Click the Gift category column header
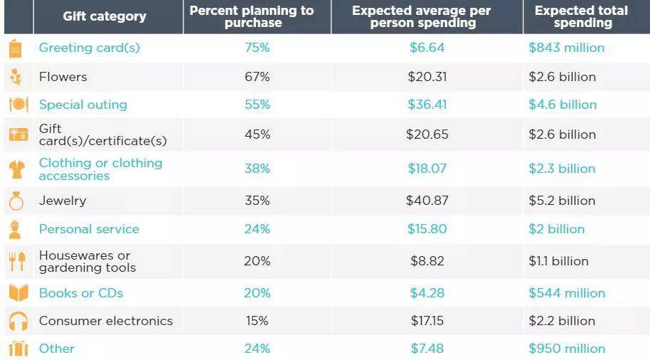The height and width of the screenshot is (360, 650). tap(105, 16)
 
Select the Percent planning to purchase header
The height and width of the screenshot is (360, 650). tap(252, 16)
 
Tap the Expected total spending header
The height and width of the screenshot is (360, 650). tap(581, 16)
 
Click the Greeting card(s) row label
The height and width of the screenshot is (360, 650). tap(90, 48)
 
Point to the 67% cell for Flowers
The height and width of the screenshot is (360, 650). tap(257, 77)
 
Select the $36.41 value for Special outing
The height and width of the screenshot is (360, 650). tap(427, 105)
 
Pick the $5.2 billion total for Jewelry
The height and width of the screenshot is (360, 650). tap(562, 201)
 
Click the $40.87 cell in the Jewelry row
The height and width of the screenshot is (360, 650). tap(427, 201)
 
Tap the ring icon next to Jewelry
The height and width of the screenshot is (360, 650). tap(17, 201)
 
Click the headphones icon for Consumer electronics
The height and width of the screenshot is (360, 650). tap(18, 322)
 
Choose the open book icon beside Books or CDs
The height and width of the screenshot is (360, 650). tap(18, 293)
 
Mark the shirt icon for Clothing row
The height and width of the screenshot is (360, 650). tap(17, 169)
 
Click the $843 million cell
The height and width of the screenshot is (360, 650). tap(567, 48)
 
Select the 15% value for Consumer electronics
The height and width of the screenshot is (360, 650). tap(257, 321)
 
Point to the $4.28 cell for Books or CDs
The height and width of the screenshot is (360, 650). tap(427, 293)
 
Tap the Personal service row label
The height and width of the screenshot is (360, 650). tap(89, 229)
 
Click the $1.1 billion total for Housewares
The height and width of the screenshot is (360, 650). tap(558, 261)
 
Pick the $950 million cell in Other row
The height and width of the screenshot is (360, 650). tap(567, 349)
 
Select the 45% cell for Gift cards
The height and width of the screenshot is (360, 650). tap(257, 134)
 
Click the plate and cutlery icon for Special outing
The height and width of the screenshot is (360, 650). tap(18, 105)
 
